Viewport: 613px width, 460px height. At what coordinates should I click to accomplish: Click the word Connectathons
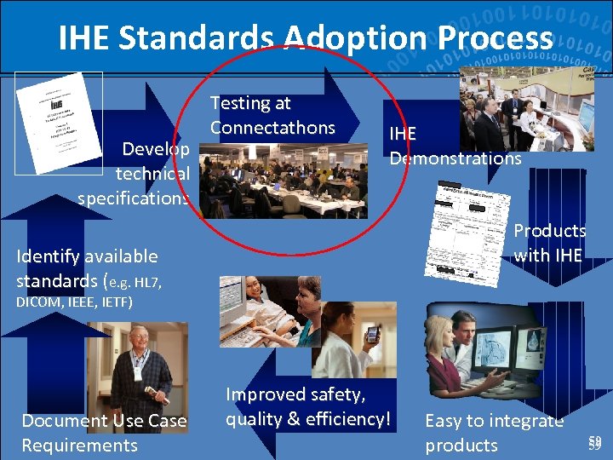(x=272, y=128)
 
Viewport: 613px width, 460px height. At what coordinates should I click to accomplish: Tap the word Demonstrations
(x=455, y=158)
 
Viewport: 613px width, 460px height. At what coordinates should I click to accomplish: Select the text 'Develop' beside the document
(x=156, y=149)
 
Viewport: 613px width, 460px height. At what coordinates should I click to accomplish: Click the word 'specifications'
(x=133, y=198)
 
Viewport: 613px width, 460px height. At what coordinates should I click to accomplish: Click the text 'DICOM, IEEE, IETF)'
(x=74, y=302)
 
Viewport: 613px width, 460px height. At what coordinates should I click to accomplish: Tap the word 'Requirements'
(x=79, y=445)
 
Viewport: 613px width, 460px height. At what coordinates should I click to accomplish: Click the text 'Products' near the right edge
(x=549, y=231)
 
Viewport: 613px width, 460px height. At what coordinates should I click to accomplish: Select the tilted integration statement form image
(x=465, y=230)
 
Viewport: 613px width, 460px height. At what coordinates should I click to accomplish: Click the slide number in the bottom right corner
(x=594, y=442)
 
